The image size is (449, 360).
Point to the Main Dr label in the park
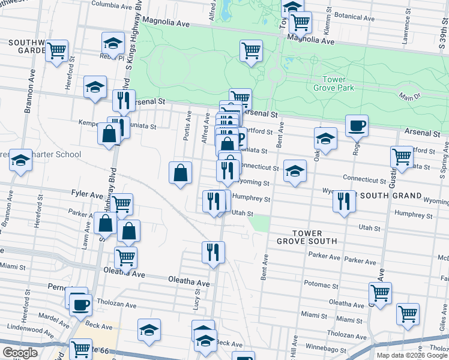click(409, 96)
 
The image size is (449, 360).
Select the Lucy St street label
click(196, 298)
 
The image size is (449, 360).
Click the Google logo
click(20, 353)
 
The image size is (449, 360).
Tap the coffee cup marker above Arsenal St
click(357, 125)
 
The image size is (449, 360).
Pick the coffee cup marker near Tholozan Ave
click(79, 304)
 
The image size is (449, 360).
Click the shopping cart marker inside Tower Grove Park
click(251, 50)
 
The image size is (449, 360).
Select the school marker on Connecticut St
click(295, 170)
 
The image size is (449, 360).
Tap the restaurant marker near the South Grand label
click(344, 201)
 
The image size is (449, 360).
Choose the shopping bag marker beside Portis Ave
click(181, 173)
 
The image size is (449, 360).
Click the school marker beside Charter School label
click(20, 160)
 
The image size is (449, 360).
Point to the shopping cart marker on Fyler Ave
click(121, 204)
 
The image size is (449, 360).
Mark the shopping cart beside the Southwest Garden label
click(56, 50)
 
